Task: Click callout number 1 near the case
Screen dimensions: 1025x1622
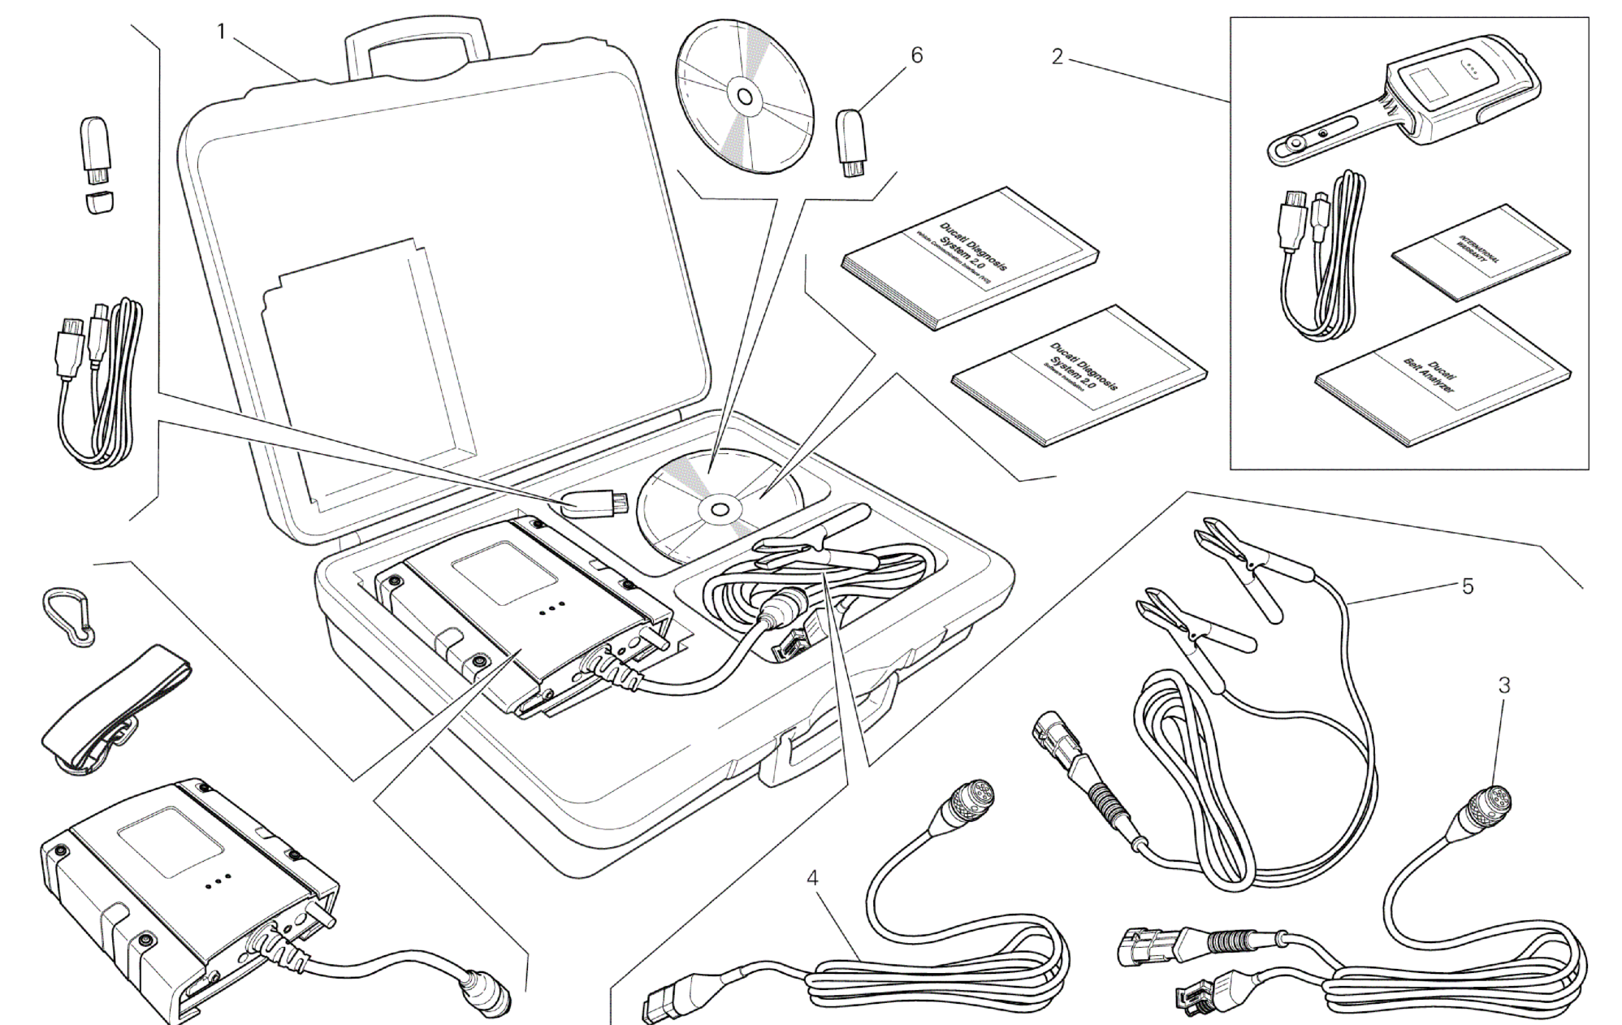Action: pyautogui.click(x=221, y=32)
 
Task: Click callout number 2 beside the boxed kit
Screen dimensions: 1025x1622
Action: pyautogui.click(x=1057, y=57)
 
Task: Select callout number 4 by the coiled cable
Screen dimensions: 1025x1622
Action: pyautogui.click(x=812, y=877)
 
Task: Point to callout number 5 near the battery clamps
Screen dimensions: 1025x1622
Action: pyautogui.click(x=1467, y=586)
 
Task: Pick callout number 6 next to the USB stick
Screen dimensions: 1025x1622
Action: pyautogui.click(x=916, y=55)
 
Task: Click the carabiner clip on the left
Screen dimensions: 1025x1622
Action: pyautogui.click(x=69, y=616)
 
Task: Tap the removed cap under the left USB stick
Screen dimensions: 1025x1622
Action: pyautogui.click(x=100, y=201)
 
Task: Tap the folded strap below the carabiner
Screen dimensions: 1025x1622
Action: pyautogui.click(x=114, y=707)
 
